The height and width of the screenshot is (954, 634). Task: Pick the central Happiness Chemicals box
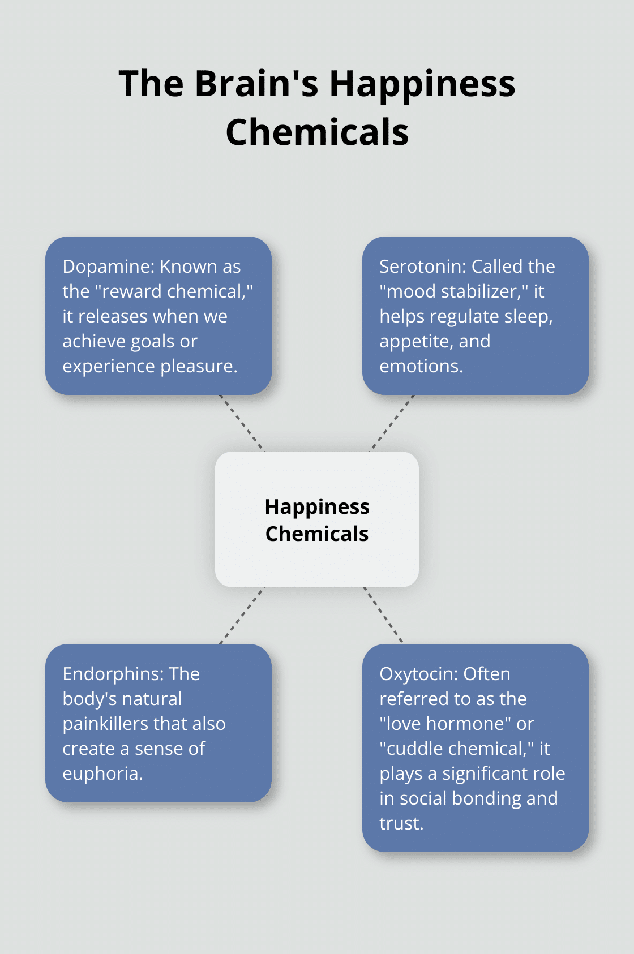(x=317, y=519)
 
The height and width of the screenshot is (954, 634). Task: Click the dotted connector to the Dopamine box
(x=242, y=423)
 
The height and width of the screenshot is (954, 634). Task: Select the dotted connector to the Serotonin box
(x=392, y=423)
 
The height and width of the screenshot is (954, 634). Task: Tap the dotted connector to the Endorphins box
(x=242, y=616)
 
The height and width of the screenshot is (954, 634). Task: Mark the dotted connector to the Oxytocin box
(x=383, y=615)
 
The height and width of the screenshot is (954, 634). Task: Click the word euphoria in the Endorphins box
(x=102, y=773)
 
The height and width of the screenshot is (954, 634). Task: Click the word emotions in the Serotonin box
(x=421, y=366)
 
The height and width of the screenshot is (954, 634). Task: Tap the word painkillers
(x=105, y=724)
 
